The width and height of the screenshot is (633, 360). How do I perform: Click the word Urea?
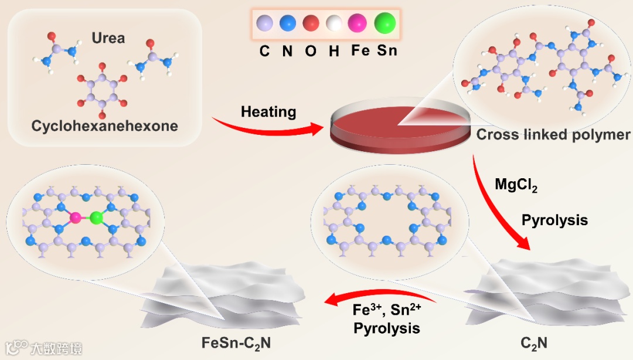point(108,38)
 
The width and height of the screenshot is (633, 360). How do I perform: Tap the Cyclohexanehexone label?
point(105,126)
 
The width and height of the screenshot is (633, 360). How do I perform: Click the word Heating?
point(268,111)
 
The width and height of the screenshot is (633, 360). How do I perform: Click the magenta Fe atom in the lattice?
point(75,218)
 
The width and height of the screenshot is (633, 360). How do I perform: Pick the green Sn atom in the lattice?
point(96,218)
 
